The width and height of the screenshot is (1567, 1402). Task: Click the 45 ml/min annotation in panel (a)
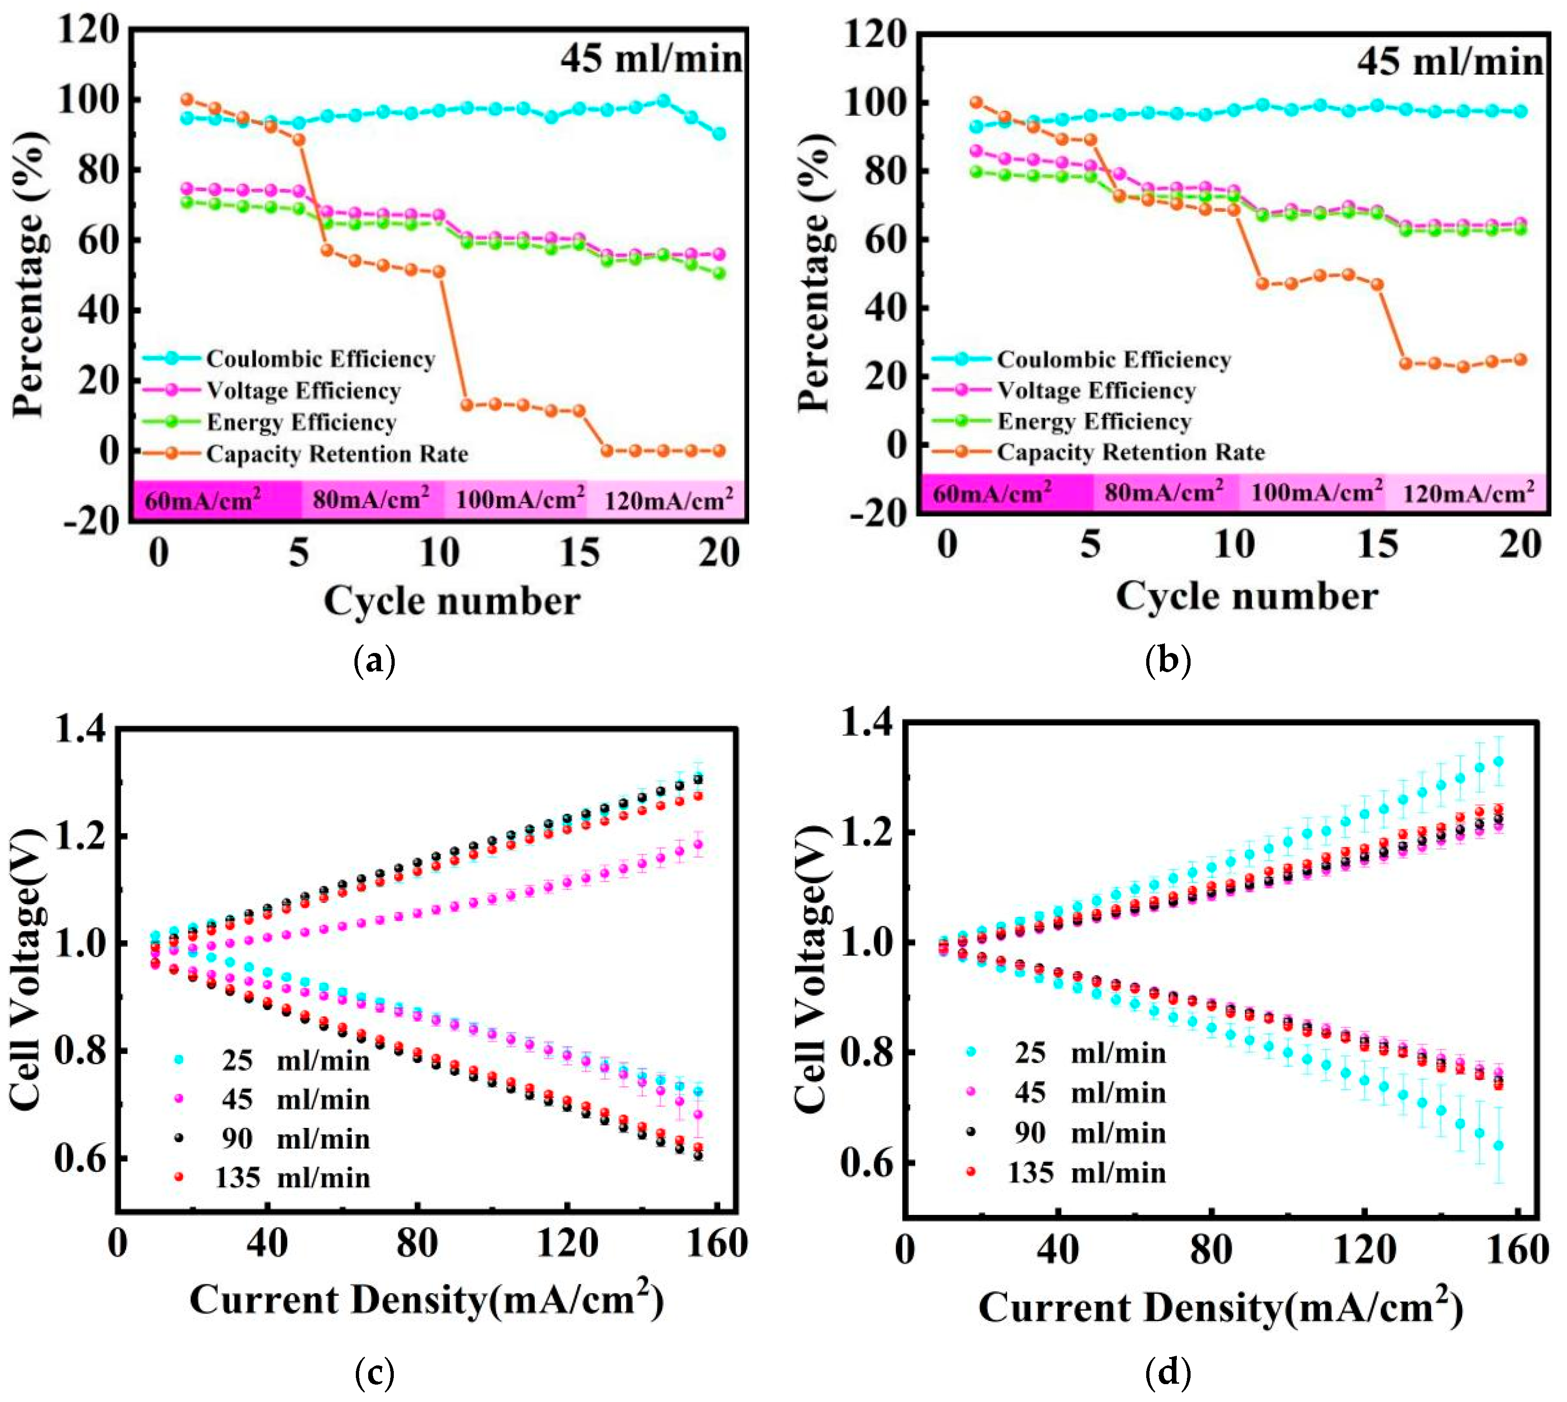(x=651, y=59)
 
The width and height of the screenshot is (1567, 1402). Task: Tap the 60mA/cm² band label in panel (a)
(x=203, y=500)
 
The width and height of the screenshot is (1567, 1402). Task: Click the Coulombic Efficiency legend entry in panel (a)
(x=320, y=359)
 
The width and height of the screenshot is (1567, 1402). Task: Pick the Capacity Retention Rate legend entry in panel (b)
(x=1130, y=452)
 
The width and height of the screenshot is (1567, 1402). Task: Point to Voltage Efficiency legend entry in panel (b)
(x=1096, y=391)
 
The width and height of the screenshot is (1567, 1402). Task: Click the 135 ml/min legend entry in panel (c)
(x=293, y=1178)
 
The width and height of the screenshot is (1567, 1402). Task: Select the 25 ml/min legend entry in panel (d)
(x=1089, y=1053)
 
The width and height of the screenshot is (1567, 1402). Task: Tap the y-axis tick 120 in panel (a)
(x=89, y=31)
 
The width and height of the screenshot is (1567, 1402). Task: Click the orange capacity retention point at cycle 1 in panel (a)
(x=186, y=99)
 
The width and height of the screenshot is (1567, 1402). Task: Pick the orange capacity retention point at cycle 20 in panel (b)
(x=1520, y=360)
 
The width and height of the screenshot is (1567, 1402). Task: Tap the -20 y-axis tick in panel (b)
(x=875, y=512)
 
